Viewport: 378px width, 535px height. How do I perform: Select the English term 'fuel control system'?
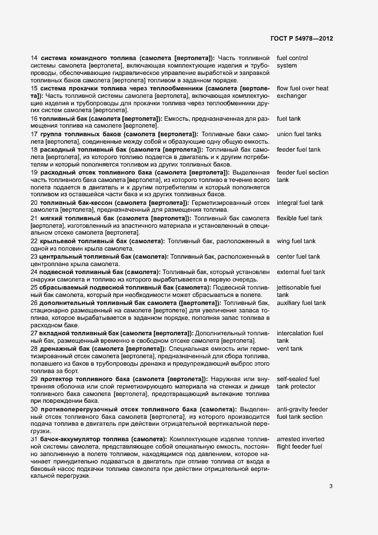pos(292,62)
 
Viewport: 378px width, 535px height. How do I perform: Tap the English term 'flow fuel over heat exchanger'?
pos(303,93)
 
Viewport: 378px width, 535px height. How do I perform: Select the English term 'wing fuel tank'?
pos(296,241)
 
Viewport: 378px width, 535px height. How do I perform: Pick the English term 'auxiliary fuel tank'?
pos(301,303)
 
